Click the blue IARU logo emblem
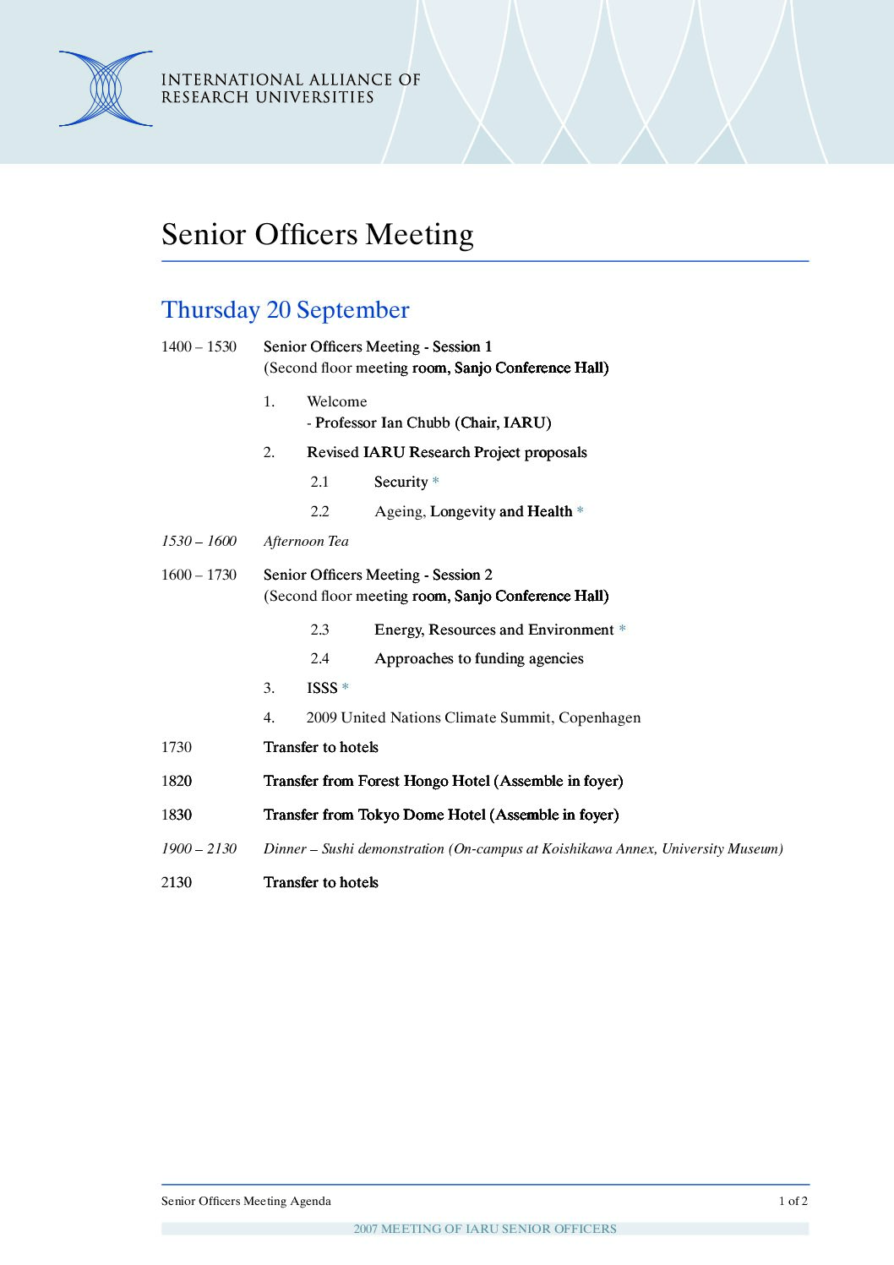pos(106,89)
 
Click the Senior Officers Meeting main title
pos(317,234)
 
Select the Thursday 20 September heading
pos(285,310)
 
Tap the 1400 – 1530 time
pos(199,346)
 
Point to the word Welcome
pos(336,401)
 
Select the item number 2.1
pos(319,482)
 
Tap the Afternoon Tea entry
pos(306,541)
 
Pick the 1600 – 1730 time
pos(199,575)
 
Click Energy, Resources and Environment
pos(493,630)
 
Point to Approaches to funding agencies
pos(478,658)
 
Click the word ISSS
pos(322,688)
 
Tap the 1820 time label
pos(177,781)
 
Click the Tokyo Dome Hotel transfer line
pos(441,815)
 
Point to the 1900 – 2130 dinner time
pos(199,848)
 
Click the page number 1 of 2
pos(793,1201)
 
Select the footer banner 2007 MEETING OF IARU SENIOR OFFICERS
pos(485,1229)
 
